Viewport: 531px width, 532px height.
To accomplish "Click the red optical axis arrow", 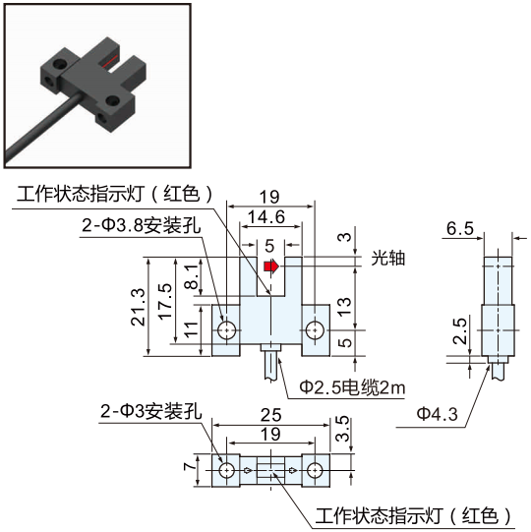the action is [271, 266].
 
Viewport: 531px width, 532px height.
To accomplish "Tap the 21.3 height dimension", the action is [139, 307].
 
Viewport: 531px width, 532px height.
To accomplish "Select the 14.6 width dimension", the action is [266, 217].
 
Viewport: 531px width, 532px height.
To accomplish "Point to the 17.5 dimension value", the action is [165, 302].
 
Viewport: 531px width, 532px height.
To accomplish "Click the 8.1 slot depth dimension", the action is [192, 276].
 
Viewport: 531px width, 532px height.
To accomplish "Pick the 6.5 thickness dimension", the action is [460, 228].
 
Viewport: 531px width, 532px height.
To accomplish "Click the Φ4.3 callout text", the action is [438, 414].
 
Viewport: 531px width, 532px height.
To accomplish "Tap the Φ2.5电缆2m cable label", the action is [352, 387].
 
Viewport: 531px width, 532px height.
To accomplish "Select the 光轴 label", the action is [388, 259].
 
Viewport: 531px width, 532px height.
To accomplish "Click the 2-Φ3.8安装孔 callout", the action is [142, 225].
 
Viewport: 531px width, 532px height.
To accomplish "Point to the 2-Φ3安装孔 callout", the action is [151, 412].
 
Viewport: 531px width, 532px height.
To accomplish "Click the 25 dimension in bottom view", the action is [270, 415].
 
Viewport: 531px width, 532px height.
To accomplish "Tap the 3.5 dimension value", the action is [342, 429].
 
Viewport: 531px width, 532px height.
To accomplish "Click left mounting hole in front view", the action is [226, 330].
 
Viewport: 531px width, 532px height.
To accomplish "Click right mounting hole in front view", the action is [316, 330].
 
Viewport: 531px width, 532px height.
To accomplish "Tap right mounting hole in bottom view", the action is [316, 471].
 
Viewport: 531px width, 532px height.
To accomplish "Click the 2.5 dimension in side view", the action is [460, 331].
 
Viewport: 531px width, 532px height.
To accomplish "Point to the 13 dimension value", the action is [344, 307].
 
